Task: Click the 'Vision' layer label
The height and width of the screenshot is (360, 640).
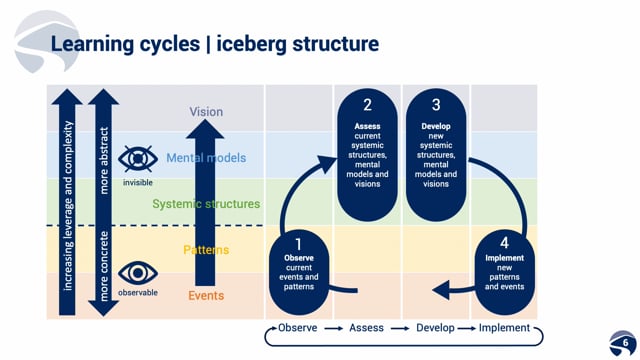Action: (206, 112)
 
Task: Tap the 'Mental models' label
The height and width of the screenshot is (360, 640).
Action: (206, 158)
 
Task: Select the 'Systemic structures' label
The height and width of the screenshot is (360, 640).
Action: (206, 204)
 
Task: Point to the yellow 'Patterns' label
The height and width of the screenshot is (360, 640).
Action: (206, 250)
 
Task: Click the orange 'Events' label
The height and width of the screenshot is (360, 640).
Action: (206, 296)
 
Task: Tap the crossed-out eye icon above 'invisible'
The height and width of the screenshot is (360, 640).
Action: (138, 158)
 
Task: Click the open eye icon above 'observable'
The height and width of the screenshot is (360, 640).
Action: (138, 273)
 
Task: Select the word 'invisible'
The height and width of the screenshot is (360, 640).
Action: (138, 182)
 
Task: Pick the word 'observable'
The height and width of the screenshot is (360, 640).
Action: (138, 293)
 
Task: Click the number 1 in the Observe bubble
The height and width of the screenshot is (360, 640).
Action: (299, 244)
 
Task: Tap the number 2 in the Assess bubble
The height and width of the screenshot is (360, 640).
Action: (367, 105)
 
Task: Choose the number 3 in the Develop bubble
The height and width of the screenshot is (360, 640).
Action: (436, 105)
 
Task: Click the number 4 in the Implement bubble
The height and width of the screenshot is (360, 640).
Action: (504, 243)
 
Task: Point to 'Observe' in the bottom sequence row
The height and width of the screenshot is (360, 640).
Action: (298, 328)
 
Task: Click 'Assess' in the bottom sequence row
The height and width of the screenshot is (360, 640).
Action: (367, 328)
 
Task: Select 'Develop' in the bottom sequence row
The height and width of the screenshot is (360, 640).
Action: (435, 328)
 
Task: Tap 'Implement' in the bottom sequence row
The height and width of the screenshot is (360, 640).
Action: (504, 328)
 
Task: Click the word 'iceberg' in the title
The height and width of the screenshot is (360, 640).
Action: (251, 44)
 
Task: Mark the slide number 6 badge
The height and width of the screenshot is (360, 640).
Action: (623, 343)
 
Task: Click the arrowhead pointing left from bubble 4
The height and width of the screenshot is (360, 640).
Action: (441, 290)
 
